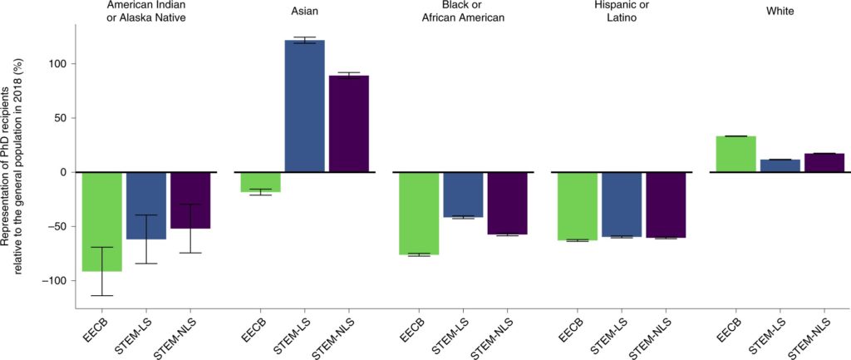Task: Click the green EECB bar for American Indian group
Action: click(102, 221)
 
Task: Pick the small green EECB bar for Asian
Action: click(260, 181)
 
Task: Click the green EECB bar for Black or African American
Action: click(419, 213)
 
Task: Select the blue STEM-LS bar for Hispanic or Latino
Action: click(622, 204)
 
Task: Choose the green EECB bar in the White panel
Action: click(735, 154)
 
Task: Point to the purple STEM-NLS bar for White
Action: click(824, 163)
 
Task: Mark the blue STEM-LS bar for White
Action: click(780, 165)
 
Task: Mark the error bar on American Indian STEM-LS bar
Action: click(146, 239)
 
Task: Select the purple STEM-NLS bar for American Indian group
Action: click(190, 200)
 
